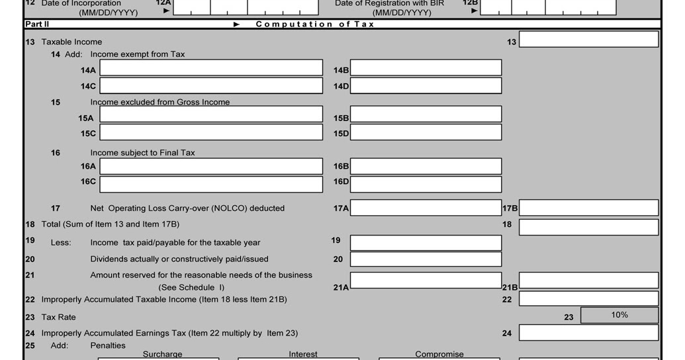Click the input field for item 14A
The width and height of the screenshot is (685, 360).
(211, 68)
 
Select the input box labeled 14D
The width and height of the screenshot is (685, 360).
(426, 86)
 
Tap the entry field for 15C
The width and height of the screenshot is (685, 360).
(211, 132)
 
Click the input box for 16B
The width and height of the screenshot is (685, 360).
(426, 166)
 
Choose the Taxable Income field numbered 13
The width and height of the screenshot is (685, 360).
(588, 40)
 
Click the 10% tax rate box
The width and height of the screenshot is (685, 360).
(619, 315)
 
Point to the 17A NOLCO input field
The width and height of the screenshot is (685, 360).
(426, 208)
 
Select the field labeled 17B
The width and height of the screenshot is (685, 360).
(588, 208)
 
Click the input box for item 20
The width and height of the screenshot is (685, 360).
(426, 259)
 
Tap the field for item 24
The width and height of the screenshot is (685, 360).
(588, 333)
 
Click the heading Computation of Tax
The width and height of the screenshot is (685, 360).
(315, 24)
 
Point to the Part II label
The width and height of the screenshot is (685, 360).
(37, 24)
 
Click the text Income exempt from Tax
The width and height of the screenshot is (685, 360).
(138, 54)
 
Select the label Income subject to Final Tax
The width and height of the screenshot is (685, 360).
(142, 153)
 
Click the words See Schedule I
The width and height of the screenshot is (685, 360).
(191, 287)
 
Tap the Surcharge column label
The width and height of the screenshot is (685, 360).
(162, 354)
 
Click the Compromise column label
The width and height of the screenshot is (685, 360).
(439, 354)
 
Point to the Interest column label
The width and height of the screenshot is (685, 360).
(303, 354)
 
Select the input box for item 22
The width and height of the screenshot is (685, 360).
(588, 299)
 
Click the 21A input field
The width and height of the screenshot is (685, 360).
(426, 281)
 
